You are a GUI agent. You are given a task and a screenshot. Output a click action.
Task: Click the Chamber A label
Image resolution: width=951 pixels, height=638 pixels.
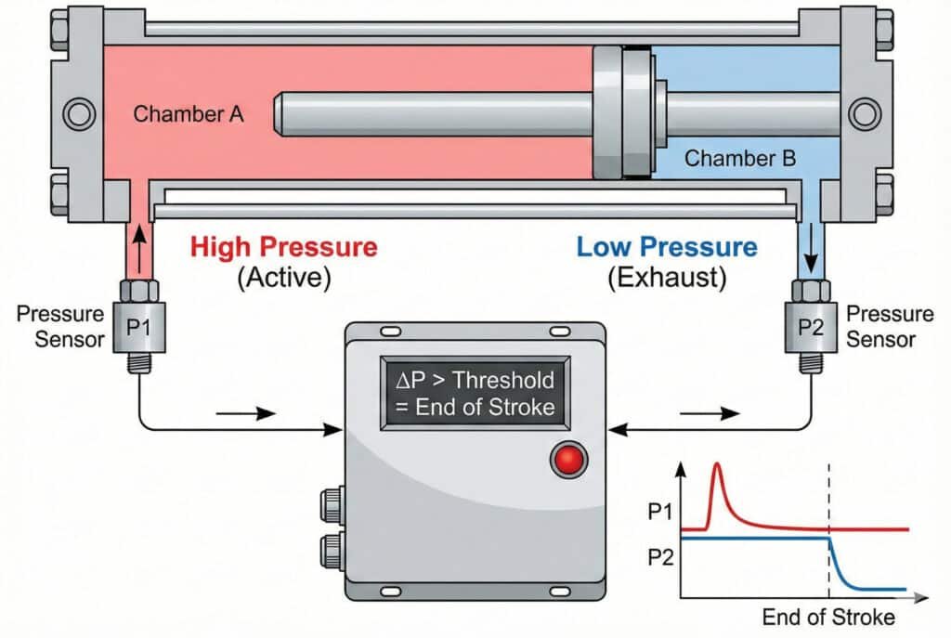(x=188, y=114)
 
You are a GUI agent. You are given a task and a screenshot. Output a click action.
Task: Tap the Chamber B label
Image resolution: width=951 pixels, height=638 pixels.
(x=739, y=158)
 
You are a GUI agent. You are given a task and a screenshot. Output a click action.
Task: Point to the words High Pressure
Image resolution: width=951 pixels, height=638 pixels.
(x=283, y=248)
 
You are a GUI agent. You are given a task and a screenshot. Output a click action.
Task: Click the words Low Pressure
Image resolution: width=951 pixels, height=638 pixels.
(x=666, y=248)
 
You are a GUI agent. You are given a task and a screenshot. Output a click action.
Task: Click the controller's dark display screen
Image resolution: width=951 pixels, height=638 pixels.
(x=475, y=392)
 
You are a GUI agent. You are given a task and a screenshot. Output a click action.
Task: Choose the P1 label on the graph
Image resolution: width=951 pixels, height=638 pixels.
(x=662, y=512)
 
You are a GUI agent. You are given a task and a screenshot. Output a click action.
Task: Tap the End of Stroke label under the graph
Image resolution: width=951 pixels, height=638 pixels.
(x=828, y=617)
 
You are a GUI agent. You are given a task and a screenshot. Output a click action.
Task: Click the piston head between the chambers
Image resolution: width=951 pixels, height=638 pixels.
(x=621, y=113)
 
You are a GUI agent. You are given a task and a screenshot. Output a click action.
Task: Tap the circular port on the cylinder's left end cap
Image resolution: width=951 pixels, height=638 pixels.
(x=76, y=114)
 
